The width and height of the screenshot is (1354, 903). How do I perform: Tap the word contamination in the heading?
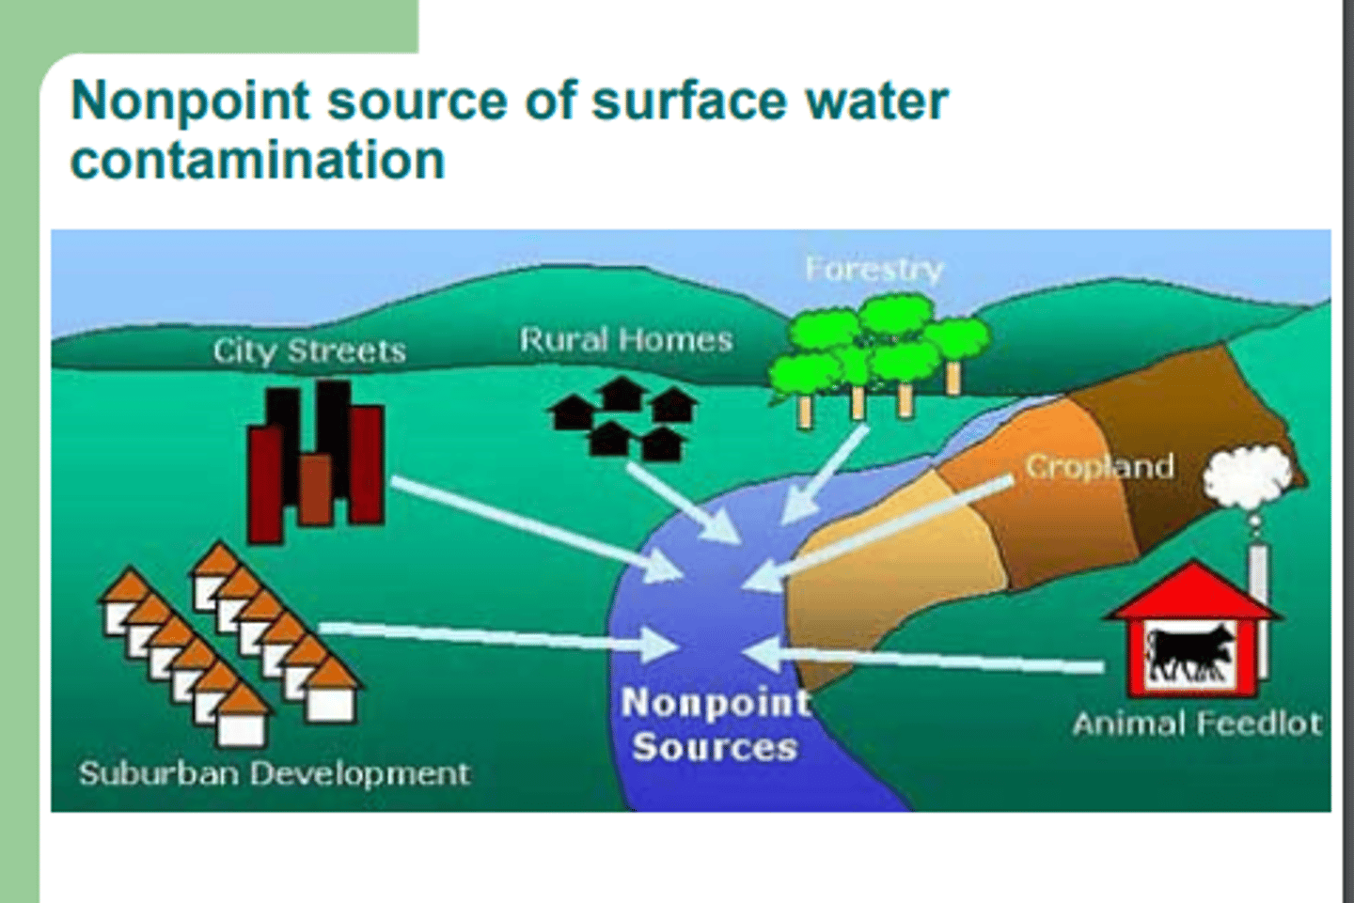coord(257,160)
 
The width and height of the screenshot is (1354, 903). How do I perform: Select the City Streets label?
coord(309,350)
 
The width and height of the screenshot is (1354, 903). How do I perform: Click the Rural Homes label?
coord(625,339)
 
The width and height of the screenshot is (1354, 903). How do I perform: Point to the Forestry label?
coord(874,270)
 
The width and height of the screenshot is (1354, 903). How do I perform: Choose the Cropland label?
coord(1099,466)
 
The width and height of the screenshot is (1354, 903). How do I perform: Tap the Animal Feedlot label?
coord(1196,723)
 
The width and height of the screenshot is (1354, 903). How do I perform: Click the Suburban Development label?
coord(274,773)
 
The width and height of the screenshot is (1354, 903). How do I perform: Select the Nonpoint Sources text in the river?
coord(715,724)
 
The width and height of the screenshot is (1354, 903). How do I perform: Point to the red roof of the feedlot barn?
coord(1192,592)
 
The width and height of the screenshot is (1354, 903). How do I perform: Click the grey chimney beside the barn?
coord(1258,573)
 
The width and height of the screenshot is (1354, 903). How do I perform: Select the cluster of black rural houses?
coord(623,417)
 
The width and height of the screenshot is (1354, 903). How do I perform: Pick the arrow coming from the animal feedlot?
coord(931,657)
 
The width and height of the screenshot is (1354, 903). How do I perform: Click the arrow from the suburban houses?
coord(498,636)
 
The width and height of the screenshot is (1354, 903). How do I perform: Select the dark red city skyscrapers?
coord(315,460)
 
